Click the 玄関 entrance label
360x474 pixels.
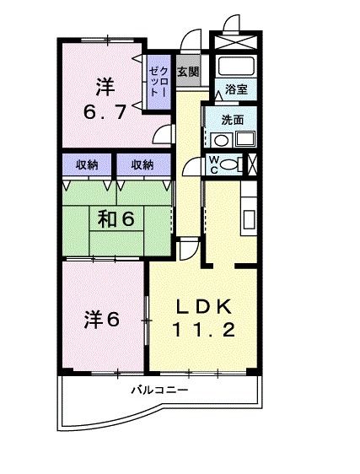[x=188, y=72]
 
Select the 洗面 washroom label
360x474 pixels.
[x=232, y=119]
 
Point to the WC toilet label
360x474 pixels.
[x=214, y=164]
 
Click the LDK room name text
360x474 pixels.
[x=201, y=305]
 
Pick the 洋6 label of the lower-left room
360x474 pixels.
[x=102, y=319]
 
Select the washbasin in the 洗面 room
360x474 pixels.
[x=244, y=139]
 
